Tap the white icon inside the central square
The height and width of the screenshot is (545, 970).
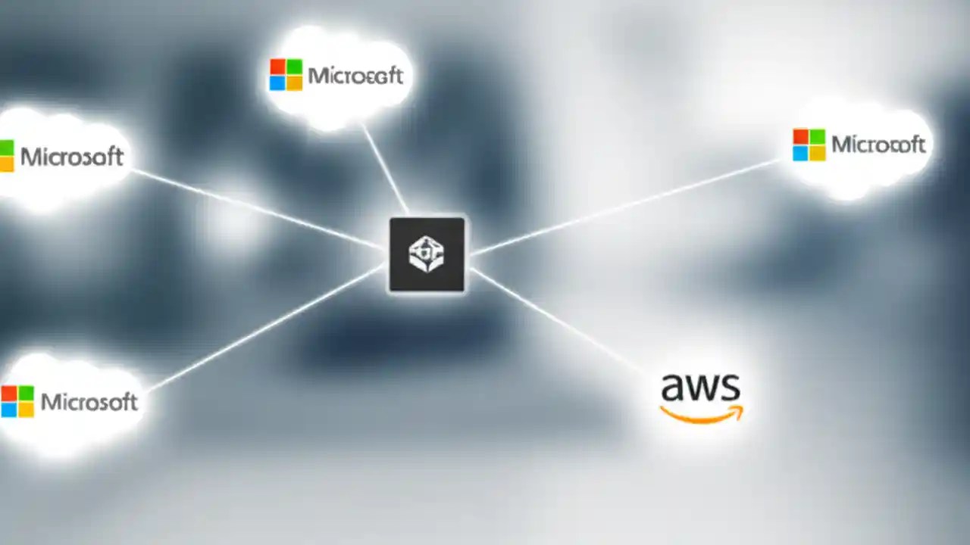click(427, 254)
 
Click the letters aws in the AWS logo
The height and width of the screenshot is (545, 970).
click(700, 388)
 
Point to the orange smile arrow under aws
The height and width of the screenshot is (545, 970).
click(701, 413)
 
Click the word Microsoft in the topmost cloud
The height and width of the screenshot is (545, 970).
click(355, 76)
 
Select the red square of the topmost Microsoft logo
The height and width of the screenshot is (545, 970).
click(277, 67)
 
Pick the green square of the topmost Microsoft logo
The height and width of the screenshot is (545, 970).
click(294, 67)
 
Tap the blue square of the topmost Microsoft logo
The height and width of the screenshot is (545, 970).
click(277, 83)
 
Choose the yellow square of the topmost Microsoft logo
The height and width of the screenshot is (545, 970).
click(294, 83)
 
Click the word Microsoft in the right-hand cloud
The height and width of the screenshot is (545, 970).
click(878, 144)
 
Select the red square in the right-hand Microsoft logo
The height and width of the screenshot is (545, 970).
click(801, 136)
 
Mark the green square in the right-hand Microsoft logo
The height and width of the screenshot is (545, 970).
click(817, 136)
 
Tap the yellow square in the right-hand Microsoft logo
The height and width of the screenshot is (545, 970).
click(817, 153)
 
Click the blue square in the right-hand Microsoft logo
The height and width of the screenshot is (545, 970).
click(801, 153)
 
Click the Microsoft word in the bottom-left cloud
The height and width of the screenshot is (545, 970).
click(89, 401)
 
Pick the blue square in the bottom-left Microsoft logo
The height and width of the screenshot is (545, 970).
click(8, 410)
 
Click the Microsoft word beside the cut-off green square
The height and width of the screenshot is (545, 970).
click(72, 157)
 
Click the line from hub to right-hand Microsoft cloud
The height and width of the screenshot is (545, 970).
click(621, 206)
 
